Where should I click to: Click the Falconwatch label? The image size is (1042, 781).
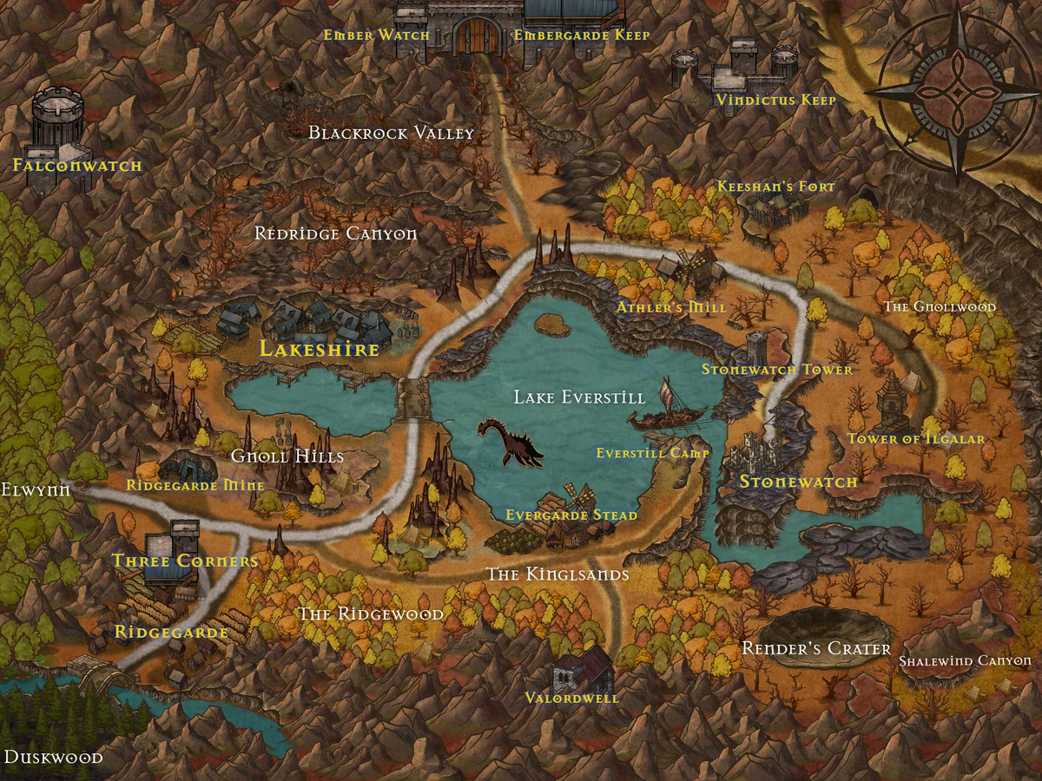(x=76, y=165)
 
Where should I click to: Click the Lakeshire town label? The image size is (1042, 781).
(x=320, y=350)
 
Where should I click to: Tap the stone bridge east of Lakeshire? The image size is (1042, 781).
(x=415, y=398)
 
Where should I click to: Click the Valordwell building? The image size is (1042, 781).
(x=583, y=668)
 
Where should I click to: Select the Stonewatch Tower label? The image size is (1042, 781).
(x=776, y=370)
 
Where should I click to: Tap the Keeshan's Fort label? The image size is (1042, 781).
(x=775, y=187)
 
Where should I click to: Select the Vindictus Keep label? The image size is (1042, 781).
(x=775, y=101)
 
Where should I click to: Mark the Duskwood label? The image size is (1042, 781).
(x=52, y=758)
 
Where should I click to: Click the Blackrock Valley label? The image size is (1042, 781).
(x=392, y=133)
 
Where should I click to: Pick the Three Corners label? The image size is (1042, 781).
(x=185, y=561)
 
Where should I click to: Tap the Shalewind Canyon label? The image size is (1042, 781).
(x=964, y=661)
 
